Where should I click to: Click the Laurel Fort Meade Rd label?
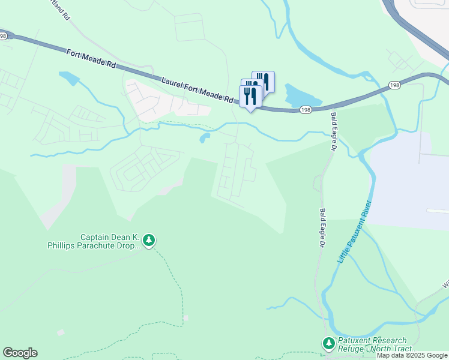click(x=197, y=89)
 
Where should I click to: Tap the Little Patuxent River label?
click(x=355, y=232)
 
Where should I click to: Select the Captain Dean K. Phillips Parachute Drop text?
click(x=94, y=241)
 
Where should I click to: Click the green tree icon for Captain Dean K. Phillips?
click(x=149, y=241)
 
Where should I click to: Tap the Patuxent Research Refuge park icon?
click(x=328, y=344)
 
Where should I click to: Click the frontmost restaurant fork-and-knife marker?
click(x=250, y=97)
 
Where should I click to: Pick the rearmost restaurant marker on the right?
click(x=264, y=80)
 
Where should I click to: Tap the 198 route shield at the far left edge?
click(x=3, y=36)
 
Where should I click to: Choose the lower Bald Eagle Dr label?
click(x=322, y=227)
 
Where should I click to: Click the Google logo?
click(x=20, y=353)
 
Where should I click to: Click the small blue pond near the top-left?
click(x=69, y=78)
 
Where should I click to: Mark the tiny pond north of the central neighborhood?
click(x=205, y=139)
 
